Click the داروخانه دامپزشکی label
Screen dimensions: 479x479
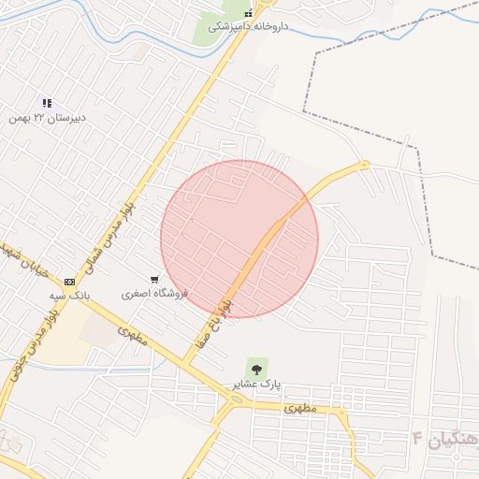point(248,27)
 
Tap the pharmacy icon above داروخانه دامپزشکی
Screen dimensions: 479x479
point(248,13)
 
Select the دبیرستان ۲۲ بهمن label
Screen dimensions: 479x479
point(47,118)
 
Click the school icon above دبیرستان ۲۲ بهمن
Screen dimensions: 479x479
point(47,103)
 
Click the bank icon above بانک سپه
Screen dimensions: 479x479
point(69,282)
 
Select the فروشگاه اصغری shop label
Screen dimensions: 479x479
point(154,294)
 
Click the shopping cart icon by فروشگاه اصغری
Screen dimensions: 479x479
point(153,279)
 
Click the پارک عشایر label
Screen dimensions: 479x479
point(257,385)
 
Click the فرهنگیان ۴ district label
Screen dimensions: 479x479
point(443,439)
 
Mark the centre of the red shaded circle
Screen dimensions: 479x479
point(239,239)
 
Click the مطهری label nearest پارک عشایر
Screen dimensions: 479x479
point(301,409)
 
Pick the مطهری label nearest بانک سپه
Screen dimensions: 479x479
point(134,337)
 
